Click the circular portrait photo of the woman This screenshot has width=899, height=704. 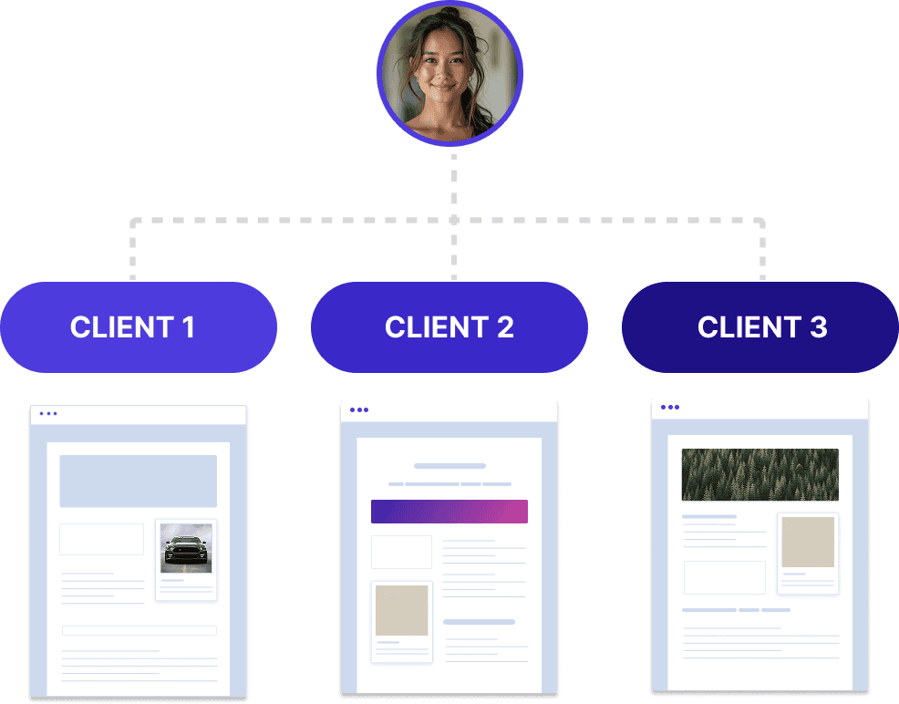pos(449,74)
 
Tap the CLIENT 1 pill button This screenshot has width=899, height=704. pos(138,327)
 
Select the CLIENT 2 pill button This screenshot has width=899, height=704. pos(449,327)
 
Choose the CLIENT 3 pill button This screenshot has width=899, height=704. pos(760,327)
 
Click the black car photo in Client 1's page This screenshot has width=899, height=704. pos(186,548)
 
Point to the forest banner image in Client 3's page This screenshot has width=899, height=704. pos(759,474)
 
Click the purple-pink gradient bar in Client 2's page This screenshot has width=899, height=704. pos(449,512)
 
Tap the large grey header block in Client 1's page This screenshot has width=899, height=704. pos(138,481)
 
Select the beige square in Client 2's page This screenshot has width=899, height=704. pos(401,610)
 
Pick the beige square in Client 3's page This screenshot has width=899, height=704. pos(807,542)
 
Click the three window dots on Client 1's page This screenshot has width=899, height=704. pos(48,414)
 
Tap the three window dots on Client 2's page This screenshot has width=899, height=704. pos(359,410)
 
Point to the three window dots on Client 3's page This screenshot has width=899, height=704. pos(670,408)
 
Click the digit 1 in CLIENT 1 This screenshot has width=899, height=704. pos(188,327)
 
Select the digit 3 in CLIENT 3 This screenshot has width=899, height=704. pos(818,327)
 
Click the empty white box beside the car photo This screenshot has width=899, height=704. pos(101,539)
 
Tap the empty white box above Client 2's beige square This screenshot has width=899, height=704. pos(401,552)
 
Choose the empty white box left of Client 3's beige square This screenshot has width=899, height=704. pos(724,577)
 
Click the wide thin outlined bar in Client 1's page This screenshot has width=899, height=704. pos(139,630)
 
